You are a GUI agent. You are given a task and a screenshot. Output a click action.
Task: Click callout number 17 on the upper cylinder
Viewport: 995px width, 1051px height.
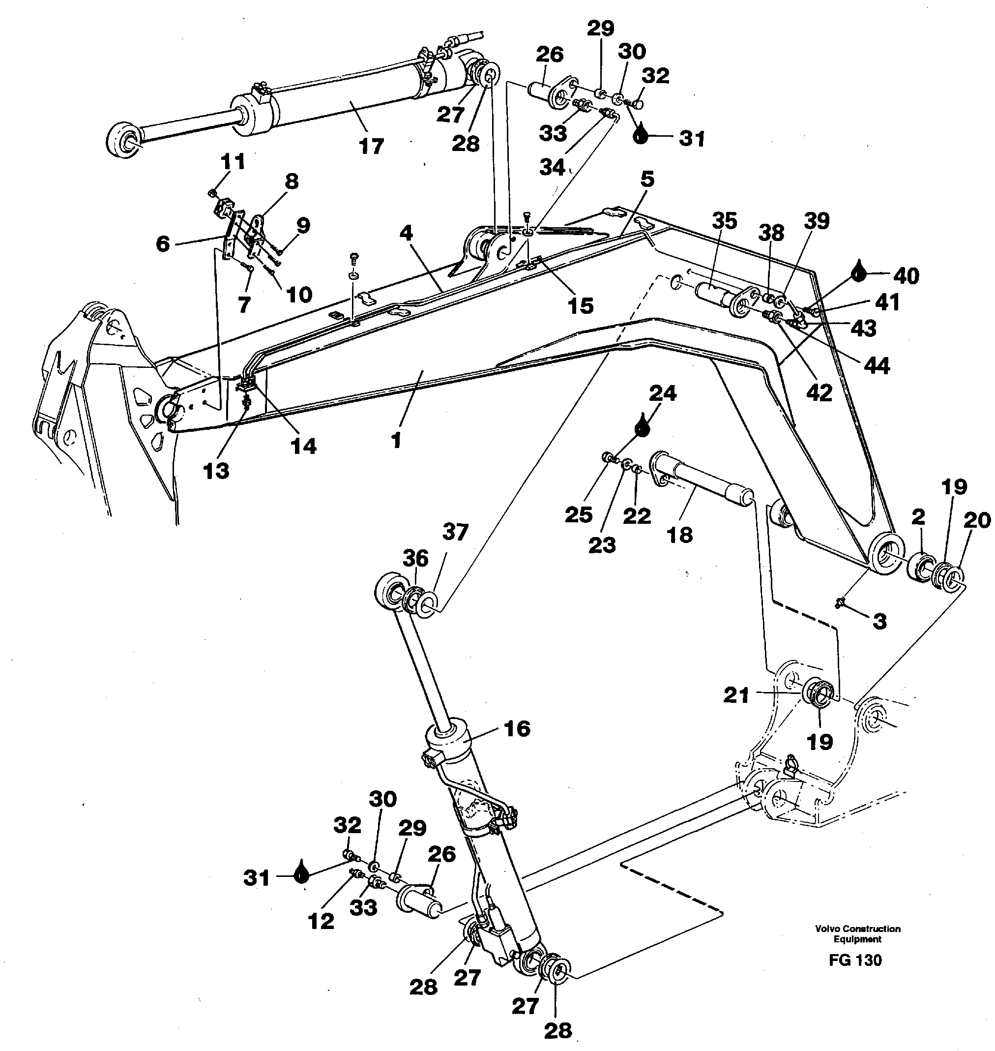[x=371, y=146]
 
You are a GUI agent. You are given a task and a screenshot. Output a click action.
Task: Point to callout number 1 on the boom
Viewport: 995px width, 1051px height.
[x=396, y=440]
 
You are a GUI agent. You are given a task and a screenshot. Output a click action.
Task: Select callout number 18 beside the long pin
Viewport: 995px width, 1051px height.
[x=680, y=534]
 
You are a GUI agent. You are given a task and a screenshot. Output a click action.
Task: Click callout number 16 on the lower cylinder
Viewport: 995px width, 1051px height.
[x=517, y=728]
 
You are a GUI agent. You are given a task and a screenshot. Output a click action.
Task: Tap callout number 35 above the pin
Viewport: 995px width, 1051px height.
[x=724, y=221]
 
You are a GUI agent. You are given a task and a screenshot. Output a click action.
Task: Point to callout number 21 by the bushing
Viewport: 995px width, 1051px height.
[x=736, y=694]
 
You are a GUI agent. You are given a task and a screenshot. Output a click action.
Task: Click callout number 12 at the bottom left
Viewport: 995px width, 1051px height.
[x=321, y=921]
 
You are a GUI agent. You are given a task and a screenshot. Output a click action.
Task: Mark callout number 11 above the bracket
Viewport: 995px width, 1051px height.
[x=233, y=161]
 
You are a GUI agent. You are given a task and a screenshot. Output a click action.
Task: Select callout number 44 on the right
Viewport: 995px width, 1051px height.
[x=876, y=365]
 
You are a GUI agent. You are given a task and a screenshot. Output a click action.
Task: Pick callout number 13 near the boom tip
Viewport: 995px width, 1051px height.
[x=216, y=470]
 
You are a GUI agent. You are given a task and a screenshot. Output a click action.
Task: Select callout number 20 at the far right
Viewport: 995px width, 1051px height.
[x=976, y=520]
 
